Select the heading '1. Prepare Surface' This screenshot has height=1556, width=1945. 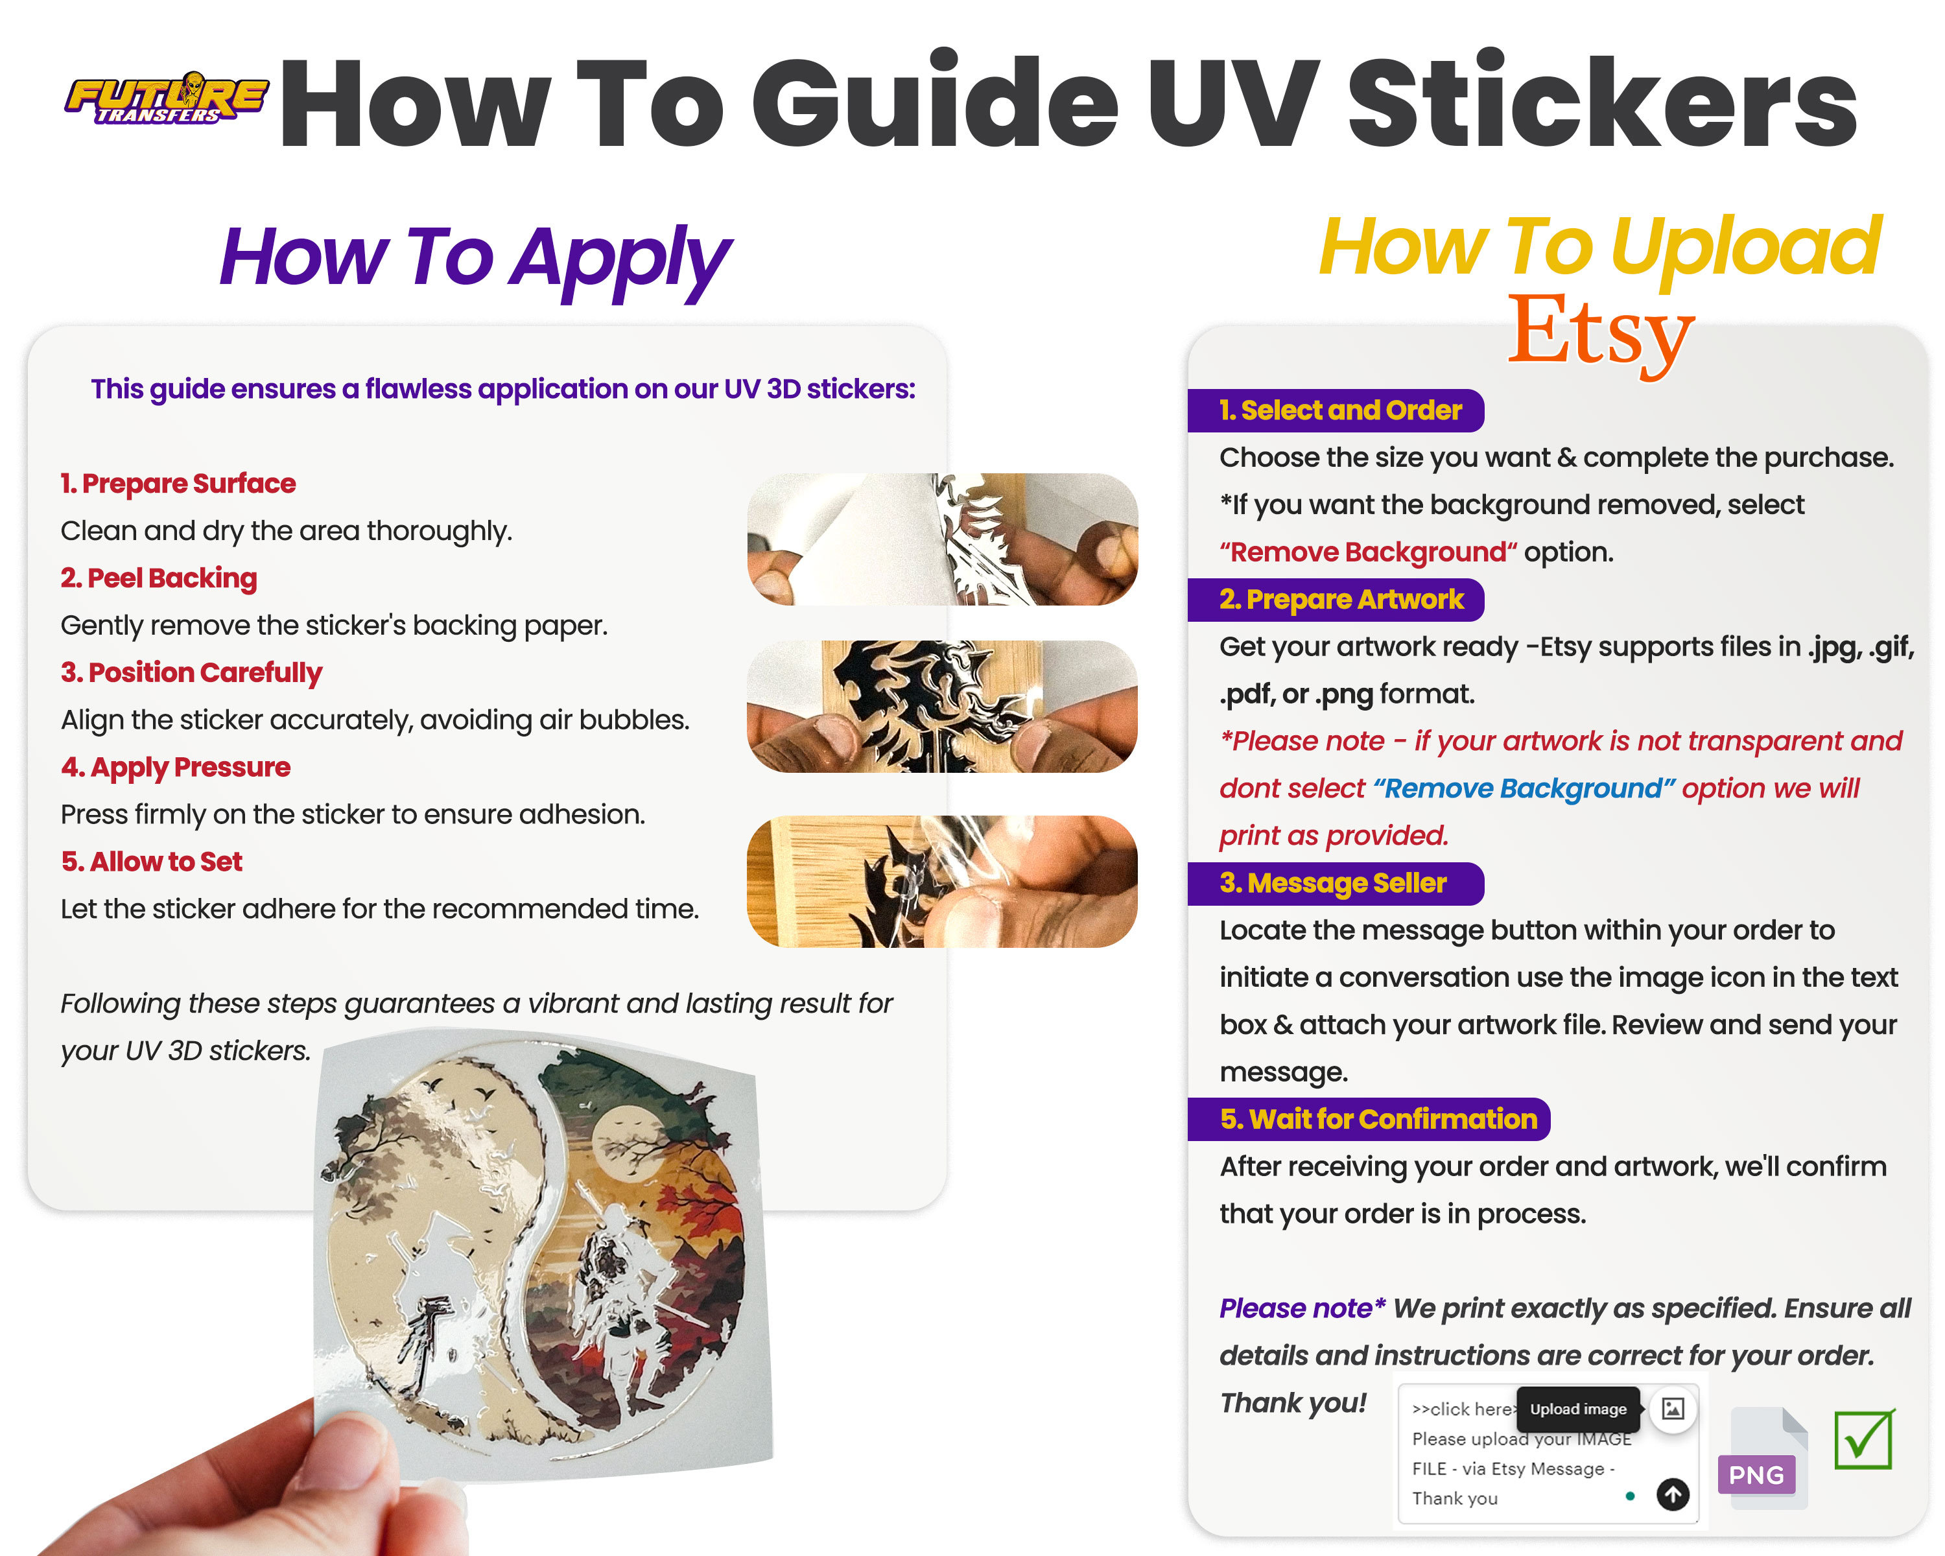(x=178, y=484)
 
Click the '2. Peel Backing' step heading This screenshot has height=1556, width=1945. (x=159, y=578)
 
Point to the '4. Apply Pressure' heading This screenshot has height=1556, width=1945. (x=176, y=768)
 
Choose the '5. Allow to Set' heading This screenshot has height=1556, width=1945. (x=152, y=862)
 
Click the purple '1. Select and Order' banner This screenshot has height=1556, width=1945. (x=1339, y=411)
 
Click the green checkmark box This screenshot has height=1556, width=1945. (x=1863, y=1440)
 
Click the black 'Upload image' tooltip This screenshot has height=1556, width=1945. (x=1578, y=1409)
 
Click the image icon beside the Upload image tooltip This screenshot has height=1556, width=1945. (x=1673, y=1409)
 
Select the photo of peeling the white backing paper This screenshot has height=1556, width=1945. (x=942, y=539)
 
